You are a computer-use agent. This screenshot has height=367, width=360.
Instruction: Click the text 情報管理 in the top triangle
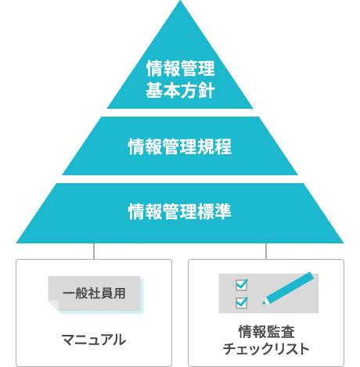(181, 68)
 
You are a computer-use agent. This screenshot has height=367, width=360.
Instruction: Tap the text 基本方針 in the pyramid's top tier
(181, 90)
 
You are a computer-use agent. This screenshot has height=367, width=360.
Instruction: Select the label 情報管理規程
(180, 146)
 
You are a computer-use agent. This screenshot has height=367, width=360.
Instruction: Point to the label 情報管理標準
(180, 211)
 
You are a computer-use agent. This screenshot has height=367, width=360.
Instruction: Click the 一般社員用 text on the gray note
(94, 293)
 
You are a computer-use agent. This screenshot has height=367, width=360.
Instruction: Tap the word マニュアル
(94, 340)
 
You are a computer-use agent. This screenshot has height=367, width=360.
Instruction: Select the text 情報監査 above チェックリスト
(266, 332)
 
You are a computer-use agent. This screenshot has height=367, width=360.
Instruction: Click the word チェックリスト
(266, 349)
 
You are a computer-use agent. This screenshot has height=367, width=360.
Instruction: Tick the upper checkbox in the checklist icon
(242, 285)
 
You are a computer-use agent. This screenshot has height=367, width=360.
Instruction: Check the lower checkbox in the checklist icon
(242, 303)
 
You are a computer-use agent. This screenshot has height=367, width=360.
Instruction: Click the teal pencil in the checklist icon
(288, 288)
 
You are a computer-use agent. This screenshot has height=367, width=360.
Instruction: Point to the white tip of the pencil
(265, 302)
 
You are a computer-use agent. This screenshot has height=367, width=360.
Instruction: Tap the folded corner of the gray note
(53, 305)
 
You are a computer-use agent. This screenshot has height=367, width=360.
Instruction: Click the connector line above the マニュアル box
(94, 251)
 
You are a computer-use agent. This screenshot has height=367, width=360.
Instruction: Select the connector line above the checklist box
(266, 251)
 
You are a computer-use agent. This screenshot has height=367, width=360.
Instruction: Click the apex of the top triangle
(180, 1)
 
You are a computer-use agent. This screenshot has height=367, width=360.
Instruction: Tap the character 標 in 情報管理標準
(206, 211)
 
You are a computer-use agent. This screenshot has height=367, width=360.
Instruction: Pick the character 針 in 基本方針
(207, 90)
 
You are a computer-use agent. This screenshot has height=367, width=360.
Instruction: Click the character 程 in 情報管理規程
(223, 146)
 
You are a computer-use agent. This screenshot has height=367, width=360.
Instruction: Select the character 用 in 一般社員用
(120, 293)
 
